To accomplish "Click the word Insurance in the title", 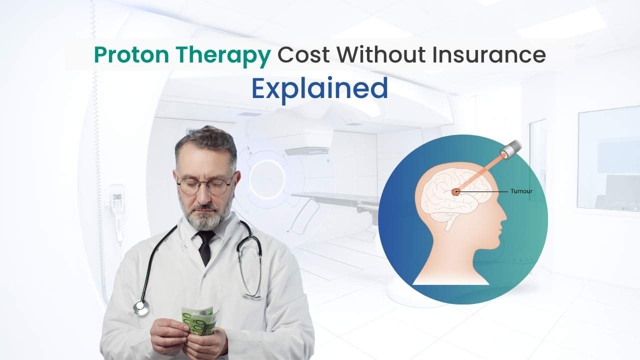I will pos(489,55).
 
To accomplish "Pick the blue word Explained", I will pos(319,88).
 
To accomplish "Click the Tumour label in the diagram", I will pos(521,191).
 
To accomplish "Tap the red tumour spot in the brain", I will pos(455,191).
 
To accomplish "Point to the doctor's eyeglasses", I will pos(205,185).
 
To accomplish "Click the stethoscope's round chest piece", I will pos(140,307).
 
